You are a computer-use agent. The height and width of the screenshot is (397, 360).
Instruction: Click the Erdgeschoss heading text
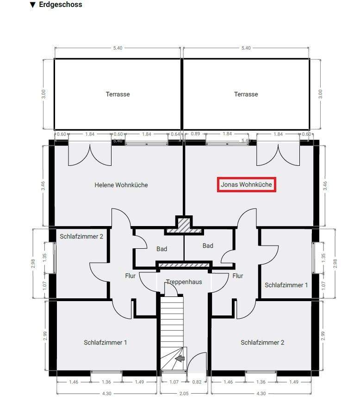tap(61, 5)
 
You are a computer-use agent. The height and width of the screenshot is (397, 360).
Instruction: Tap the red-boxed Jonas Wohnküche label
tap(247, 184)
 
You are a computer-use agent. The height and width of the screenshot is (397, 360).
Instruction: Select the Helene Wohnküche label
tap(121, 185)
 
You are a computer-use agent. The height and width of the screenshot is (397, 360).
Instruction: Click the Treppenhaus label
tap(184, 282)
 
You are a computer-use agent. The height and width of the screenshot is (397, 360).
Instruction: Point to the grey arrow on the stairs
tap(180, 359)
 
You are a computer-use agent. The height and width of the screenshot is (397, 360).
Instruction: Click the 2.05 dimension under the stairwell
tap(184, 393)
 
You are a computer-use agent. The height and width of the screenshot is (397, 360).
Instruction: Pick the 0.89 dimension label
tap(195, 134)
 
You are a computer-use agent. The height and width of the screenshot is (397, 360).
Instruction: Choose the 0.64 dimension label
tap(175, 134)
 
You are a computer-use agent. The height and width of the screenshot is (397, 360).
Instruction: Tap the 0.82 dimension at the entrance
tap(197, 382)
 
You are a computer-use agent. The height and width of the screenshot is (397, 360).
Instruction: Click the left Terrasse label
tap(118, 94)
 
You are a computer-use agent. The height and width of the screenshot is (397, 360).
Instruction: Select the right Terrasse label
tap(246, 94)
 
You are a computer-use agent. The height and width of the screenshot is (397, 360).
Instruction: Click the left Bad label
tap(161, 249)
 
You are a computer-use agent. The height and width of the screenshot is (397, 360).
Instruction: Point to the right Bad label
tap(208, 246)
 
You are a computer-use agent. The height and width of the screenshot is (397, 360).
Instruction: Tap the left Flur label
tap(130, 276)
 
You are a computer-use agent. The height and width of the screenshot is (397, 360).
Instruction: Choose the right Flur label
tap(238, 276)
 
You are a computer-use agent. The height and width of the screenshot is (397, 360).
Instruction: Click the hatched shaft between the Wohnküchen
tap(184, 225)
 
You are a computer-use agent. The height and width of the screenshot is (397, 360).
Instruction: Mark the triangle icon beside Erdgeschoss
tap(33, 5)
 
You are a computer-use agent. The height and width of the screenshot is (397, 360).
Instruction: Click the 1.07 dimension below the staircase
tap(174, 382)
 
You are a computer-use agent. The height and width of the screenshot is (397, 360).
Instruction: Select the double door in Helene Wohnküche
tap(90, 154)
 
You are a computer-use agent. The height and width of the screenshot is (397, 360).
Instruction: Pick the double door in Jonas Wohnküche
tap(278, 154)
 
